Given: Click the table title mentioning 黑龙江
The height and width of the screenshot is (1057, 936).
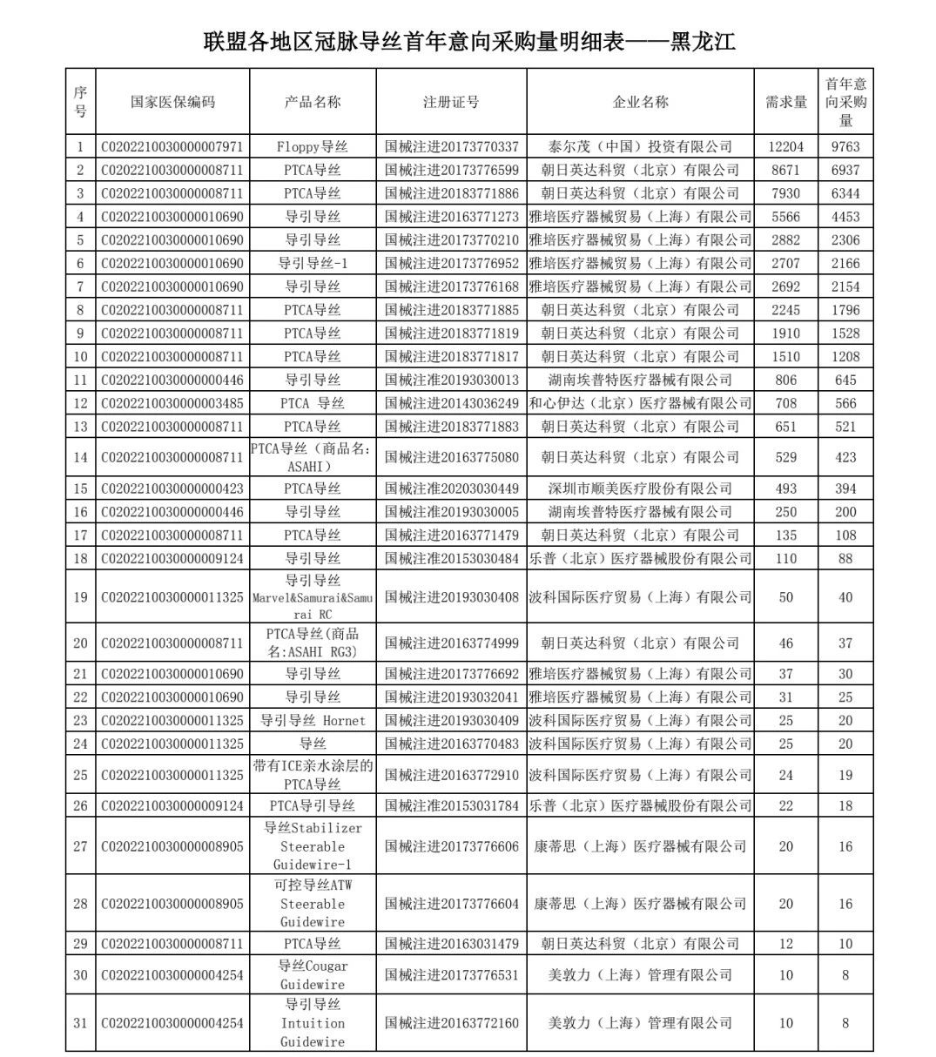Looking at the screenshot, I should (x=468, y=41).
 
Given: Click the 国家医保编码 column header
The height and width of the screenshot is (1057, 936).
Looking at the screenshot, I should (x=172, y=102).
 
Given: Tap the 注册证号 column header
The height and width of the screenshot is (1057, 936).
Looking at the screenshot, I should (x=451, y=102).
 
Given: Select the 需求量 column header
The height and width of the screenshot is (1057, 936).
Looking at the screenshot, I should (x=785, y=102).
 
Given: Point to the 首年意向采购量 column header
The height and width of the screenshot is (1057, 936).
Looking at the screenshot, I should (x=845, y=102).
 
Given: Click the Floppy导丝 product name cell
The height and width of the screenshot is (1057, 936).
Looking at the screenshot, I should (x=313, y=146).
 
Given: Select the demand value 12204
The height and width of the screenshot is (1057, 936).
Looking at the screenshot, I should (x=785, y=146).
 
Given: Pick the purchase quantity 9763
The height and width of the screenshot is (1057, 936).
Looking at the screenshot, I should (x=845, y=146).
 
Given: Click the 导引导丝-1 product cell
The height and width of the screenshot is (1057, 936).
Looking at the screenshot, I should (x=313, y=263).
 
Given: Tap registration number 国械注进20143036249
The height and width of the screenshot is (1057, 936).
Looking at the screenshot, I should (x=451, y=403).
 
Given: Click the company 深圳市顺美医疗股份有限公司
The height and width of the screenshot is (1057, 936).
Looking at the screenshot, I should (x=640, y=488).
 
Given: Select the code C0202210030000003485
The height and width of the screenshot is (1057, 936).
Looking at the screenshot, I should (x=172, y=403).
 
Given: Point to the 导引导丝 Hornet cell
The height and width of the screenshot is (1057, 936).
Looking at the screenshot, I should (x=313, y=721).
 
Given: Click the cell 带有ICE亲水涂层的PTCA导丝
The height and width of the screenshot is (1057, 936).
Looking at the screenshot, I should (x=313, y=775).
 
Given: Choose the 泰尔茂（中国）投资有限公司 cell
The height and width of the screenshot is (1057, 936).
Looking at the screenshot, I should (x=640, y=146).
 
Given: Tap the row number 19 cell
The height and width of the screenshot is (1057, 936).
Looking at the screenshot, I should (x=80, y=597).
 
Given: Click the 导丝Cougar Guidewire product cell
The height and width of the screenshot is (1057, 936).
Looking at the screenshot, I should (x=313, y=975).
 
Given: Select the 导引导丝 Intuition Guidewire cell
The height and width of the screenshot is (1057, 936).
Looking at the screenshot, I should (x=313, y=1023).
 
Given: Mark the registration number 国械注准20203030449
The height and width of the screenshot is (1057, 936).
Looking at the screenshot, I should (x=451, y=488).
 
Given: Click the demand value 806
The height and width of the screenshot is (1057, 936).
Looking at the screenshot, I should (x=785, y=380).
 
